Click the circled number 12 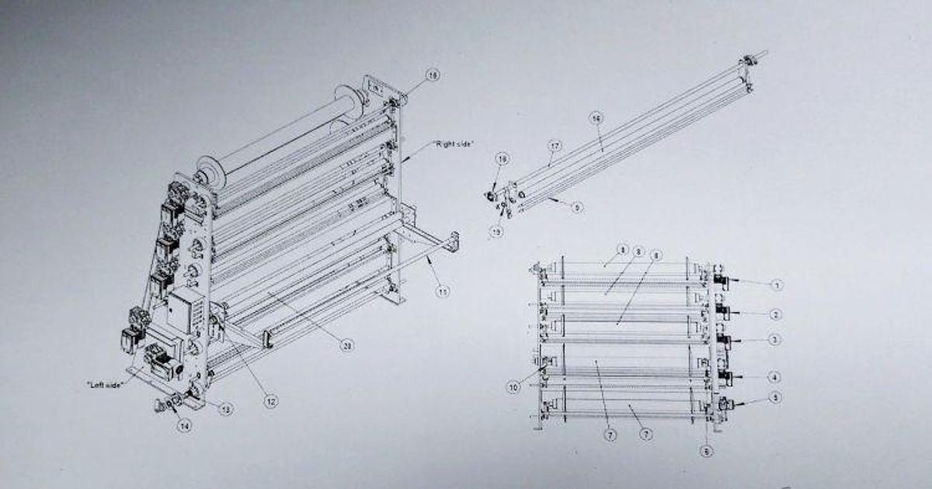[x=270, y=401]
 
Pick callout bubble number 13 [x=225, y=409]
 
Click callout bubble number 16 [x=596, y=119]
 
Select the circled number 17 [x=555, y=145]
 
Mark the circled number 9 [x=576, y=207]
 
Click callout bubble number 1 [x=777, y=285]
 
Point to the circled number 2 [x=777, y=314]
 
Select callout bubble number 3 [x=777, y=339]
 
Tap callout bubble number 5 [x=777, y=397]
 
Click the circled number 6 [x=705, y=451]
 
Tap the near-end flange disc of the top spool [x=207, y=170]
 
